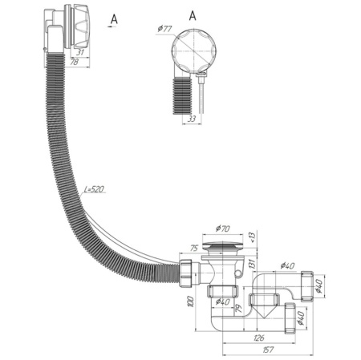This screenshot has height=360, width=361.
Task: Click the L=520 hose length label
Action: [94, 189]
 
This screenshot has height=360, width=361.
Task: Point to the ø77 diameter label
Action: [164, 29]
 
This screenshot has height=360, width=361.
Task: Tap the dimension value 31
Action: [80, 52]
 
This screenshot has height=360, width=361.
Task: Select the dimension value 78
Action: [74, 62]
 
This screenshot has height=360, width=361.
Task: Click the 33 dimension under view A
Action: [192, 119]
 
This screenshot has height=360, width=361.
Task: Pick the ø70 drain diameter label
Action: [223, 229]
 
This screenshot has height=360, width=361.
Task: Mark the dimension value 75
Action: [194, 248]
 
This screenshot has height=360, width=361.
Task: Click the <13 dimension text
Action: [252, 237]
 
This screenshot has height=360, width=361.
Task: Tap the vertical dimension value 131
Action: [253, 264]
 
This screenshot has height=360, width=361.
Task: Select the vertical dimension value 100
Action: [191, 301]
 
